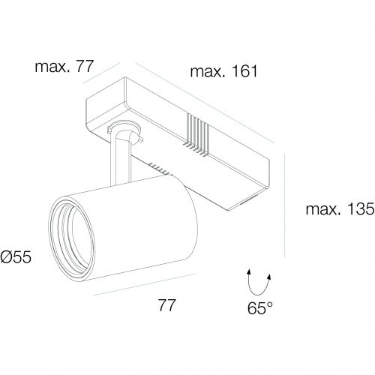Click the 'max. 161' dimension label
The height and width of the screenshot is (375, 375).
(223, 71)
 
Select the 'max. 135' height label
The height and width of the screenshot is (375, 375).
(340, 208)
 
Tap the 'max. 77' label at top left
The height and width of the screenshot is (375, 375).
(64, 67)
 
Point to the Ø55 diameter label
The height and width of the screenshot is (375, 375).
(16, 256)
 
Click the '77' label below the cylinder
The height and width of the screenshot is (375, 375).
(167, 304)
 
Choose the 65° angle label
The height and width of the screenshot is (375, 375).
(260, 307)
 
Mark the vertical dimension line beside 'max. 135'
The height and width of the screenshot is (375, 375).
(285, 205)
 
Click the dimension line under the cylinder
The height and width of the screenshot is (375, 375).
(144, 284)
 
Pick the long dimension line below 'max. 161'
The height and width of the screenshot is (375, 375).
(205, 103)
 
